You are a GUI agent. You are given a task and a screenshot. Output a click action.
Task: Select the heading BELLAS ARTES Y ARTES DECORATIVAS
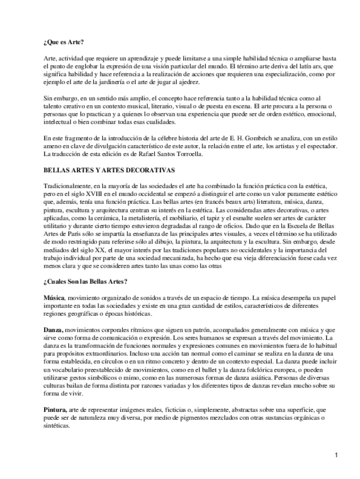click(x=109, y=169)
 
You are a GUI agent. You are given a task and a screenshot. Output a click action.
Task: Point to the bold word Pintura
click(x=55, y=408)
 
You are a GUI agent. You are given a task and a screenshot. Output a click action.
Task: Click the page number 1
click(x=335, y=454)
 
